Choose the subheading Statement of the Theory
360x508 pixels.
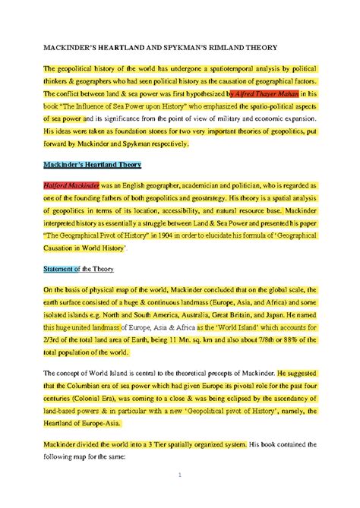pos(78,267)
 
